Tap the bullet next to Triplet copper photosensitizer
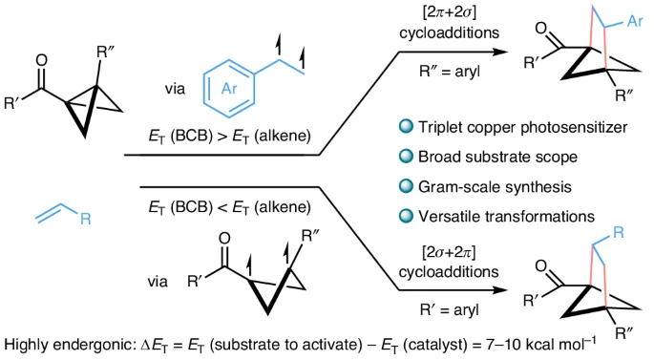click(406, 126)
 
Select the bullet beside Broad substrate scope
click(406, 156)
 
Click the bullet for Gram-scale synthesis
click(406, 186)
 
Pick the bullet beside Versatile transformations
click(406, 216)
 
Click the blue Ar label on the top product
click(635, 21)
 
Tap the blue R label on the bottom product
click(619, 232)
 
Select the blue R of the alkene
click(86, 219)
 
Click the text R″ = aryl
click(450, 72)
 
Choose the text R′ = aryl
click(450, 310)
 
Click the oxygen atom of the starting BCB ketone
click(41, 60)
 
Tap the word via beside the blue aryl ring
click(175, 89)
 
